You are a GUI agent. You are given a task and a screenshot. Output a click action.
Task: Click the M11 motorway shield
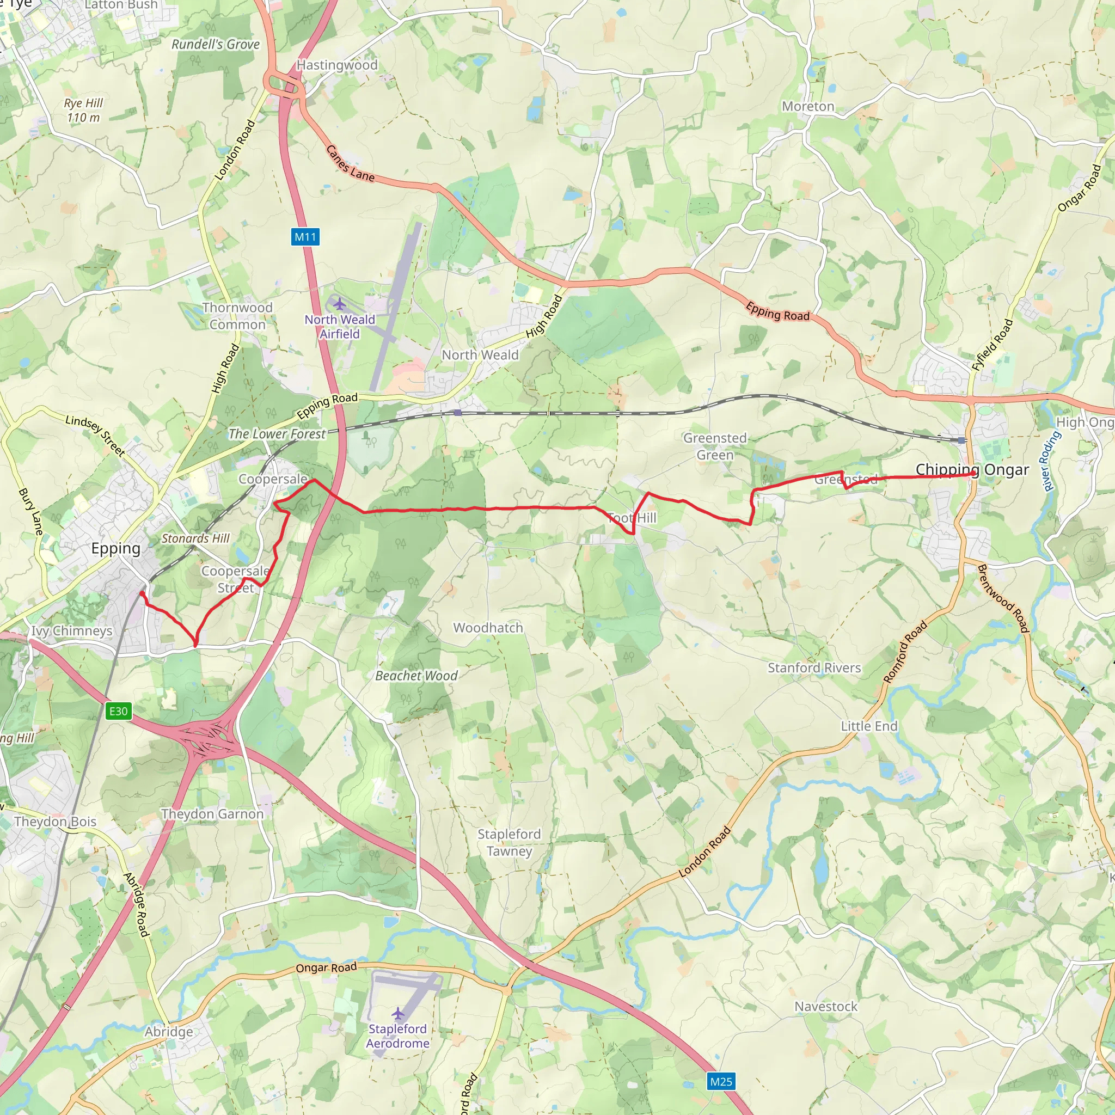click(305, 237)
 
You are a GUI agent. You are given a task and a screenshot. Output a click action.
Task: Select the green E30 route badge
click(118, 711)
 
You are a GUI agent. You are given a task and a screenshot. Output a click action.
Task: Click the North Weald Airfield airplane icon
click(339, 304)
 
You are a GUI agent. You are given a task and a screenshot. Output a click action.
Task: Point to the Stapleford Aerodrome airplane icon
click(397, 1013)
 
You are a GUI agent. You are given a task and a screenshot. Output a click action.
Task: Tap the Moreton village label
click(807, 107)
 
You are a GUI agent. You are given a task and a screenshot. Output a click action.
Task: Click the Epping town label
click(116, 548)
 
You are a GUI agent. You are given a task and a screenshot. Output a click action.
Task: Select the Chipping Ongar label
click(972, 470)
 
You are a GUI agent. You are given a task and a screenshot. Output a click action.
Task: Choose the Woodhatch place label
click(488, 627)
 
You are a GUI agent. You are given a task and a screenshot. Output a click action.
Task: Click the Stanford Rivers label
click(814, 667)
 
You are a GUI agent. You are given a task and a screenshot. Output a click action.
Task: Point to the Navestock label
click(825, 1007)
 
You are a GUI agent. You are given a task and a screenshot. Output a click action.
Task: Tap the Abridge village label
click(169, 1031)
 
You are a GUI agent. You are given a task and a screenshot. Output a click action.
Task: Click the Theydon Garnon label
click(212, 814)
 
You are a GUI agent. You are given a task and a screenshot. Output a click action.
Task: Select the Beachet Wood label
click(416, 675)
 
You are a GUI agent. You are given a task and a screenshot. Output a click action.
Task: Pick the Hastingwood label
click(337, 65)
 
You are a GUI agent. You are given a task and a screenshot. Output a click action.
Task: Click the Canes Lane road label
click(350, 164)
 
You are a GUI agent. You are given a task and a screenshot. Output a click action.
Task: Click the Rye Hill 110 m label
click(83, 110)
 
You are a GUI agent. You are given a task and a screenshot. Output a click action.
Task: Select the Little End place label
click(868, 726)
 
